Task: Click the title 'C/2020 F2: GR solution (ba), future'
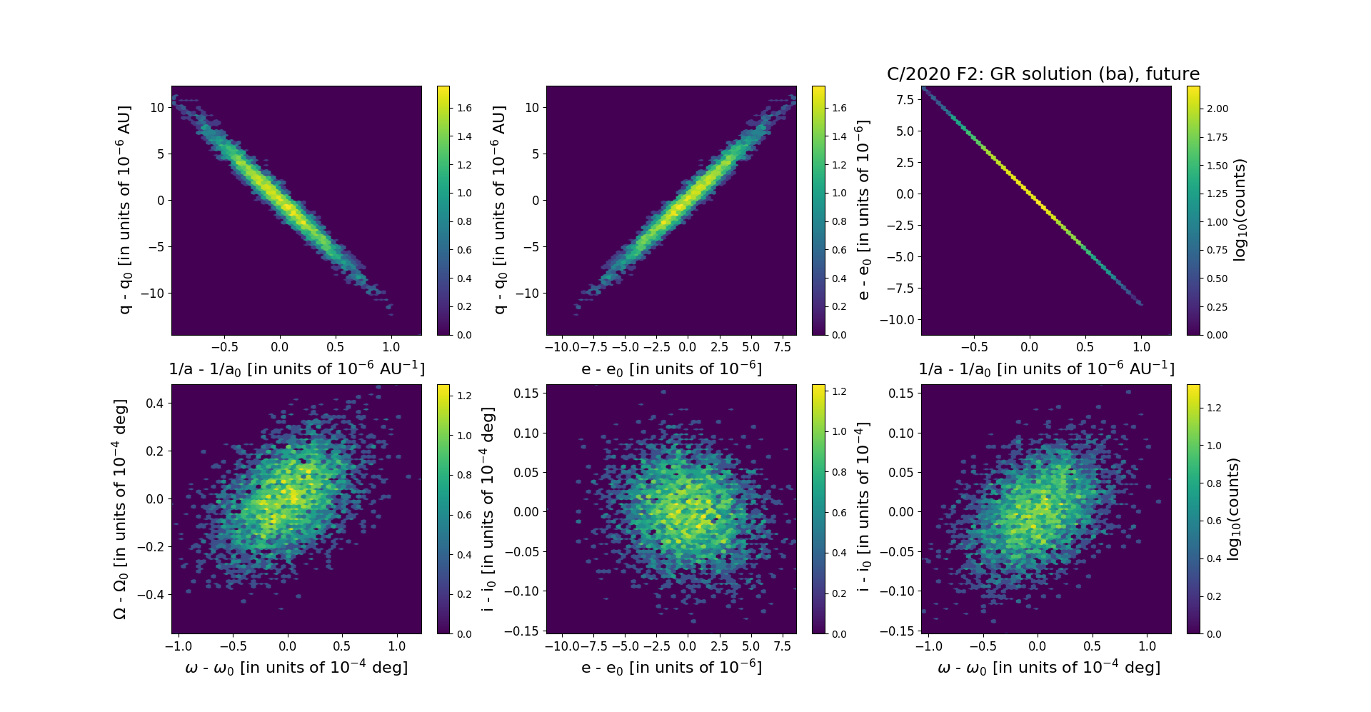(x=1043, y=74)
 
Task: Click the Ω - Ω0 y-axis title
(x=120, y=509)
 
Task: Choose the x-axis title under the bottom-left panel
(x=296, y=668)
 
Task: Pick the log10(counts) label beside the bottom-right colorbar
(x=1233, y=509)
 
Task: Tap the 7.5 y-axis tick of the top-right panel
(x=905, y=99)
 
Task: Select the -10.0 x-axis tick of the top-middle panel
(x=561, y=347)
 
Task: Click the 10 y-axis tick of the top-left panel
(x=157, y=107)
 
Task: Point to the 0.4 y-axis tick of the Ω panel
(x=155, y=403)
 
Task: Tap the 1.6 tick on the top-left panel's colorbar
(x=464, y=108)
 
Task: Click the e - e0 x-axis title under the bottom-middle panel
(x=671, y=668)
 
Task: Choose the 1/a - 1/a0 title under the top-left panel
(x=296, y=369)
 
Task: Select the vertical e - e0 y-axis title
(x=863, y=210)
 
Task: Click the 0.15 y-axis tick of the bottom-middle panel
(x=526, y=393)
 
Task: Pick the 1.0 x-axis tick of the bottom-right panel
(x=1147, y=646)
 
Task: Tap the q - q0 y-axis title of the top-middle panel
(x=499, y=210)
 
